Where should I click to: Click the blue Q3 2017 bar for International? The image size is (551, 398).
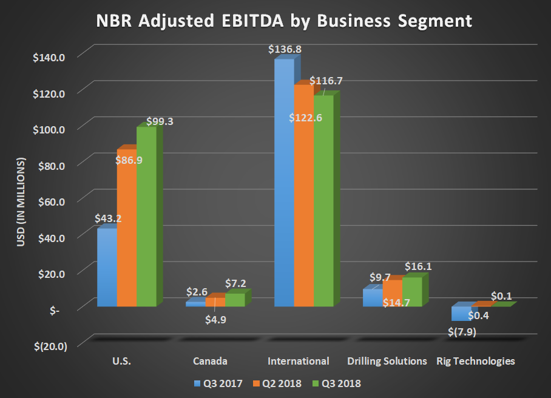click(284, 182)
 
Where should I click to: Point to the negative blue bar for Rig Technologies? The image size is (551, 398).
click(460, 313)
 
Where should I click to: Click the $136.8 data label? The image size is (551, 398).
click(283, 49)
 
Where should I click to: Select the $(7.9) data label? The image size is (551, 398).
click(461, 332)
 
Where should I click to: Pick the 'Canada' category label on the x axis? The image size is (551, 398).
click(210, 361)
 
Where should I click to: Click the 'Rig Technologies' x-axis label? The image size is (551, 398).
click(476, 361)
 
